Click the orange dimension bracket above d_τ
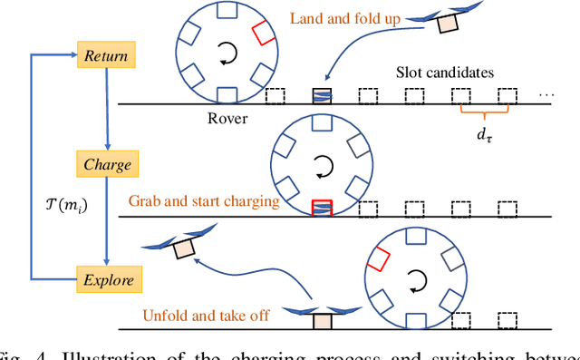(485, 115)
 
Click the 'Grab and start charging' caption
(203, 200)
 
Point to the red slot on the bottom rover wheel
(378, 261)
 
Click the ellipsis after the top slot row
(546, 95)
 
